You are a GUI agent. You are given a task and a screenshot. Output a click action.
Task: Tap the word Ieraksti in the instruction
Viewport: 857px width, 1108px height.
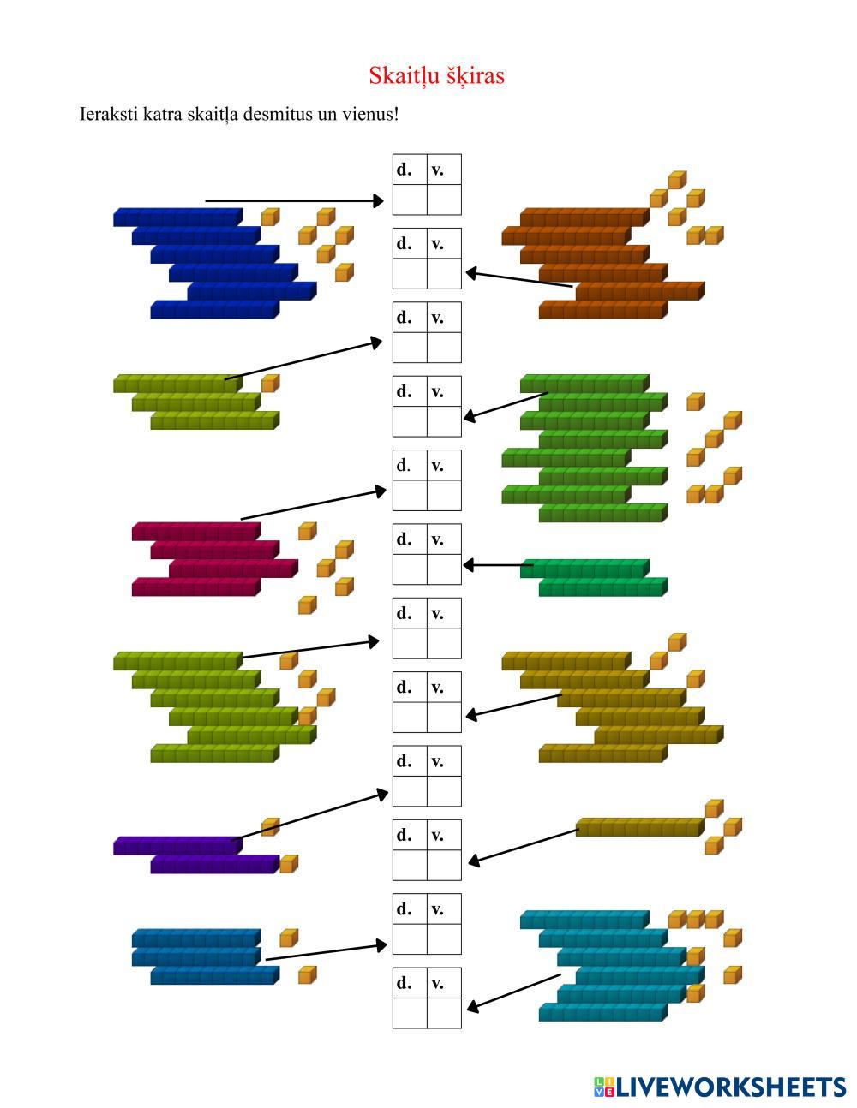point(109,114)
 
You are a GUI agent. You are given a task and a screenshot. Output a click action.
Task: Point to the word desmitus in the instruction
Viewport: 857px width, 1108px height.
point(279,114)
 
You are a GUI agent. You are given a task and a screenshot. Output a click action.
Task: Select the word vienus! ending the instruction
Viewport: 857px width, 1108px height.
point(370,114)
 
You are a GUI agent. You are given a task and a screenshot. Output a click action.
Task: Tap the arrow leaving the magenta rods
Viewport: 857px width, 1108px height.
point(314,504)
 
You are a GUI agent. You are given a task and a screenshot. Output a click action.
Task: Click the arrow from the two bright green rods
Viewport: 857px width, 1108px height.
point(497,565)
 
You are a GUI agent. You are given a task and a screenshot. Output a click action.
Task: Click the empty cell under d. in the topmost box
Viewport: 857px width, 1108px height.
point(410,200)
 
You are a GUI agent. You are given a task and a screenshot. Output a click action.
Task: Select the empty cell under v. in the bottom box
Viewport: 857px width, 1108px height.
point(444,1013)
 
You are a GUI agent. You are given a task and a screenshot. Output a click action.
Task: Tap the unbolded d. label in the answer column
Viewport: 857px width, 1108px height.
point(404,466)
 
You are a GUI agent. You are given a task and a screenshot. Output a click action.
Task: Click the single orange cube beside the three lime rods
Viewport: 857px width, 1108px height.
point(270,383)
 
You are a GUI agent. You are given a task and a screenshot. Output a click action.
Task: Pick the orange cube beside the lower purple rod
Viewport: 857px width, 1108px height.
point(289,863)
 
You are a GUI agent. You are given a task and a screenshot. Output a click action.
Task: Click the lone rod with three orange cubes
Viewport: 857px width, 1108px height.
point(639,827)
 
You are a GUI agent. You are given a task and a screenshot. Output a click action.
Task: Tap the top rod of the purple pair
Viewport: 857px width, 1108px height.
point(177,845)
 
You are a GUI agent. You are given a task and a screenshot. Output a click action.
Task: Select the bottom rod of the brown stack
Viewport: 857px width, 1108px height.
point(602,310)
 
